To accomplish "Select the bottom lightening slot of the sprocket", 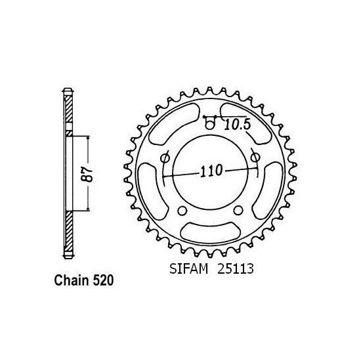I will pyautogui.click(x=209, y=231).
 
